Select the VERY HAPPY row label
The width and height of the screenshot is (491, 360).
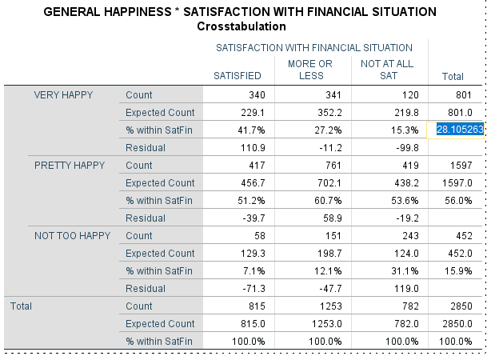(x=63, y=95)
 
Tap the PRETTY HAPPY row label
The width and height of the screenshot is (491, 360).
(x=70, y=165)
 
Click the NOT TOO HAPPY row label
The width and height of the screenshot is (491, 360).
(x=72, y=236)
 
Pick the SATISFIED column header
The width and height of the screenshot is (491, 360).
(x=238, y=76)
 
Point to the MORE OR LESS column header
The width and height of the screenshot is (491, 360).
(x=310, y=70)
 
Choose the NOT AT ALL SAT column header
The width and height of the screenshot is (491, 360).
(x=387, y=70)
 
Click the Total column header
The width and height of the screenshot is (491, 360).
(x=453, y=77)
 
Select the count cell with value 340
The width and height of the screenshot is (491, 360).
(x=257, y=95)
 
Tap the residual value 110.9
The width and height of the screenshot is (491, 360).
(x=253, y=147)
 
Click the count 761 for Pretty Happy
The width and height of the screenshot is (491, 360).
(x=333, y=165)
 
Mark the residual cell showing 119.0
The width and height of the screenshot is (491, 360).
(x=406, y=288)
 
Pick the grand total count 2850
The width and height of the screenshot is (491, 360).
(x=461, y=306)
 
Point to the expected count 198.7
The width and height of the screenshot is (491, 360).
(x=329, y=253)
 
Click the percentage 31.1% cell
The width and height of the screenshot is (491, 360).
(x=405, y=270)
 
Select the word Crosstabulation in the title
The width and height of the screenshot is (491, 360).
(x=242, y=26)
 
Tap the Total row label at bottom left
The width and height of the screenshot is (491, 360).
(x=21, y=306)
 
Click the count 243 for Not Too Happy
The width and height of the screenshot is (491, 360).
(x=410, y=236)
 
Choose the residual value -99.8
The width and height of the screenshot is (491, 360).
(x=407, y=147)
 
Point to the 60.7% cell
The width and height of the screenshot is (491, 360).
(x=328, y=200)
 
